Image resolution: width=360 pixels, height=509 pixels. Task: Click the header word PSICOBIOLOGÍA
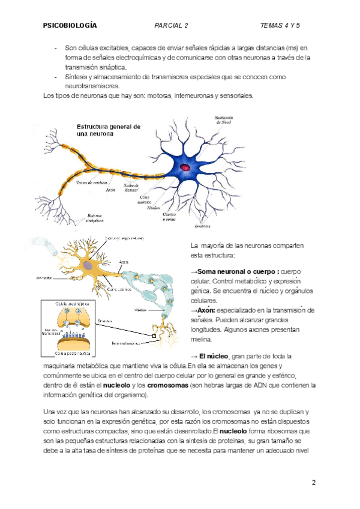70,26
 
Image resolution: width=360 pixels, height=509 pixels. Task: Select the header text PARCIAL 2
171,26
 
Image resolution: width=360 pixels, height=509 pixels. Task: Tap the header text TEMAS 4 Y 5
280,26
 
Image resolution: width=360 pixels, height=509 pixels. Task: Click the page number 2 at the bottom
313,483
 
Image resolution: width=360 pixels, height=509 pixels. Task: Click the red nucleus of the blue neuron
185,167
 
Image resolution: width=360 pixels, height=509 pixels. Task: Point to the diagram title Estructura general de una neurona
108,131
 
